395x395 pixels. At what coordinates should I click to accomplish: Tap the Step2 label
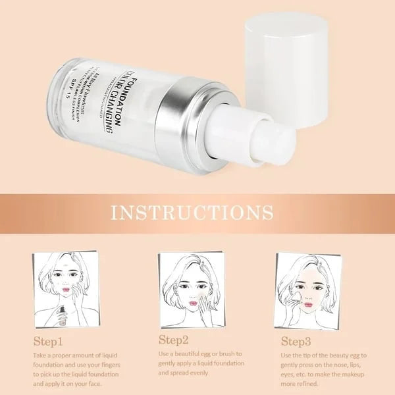[174, 340]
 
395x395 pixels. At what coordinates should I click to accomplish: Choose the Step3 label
[296, 341]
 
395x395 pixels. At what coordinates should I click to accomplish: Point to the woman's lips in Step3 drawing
[305, 298]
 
